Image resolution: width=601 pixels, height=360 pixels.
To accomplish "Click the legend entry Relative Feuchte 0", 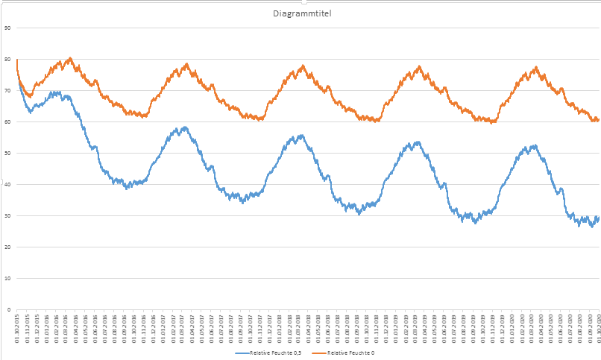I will tap(350, 353).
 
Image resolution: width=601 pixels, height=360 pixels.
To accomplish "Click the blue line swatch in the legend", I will tap(242, 353).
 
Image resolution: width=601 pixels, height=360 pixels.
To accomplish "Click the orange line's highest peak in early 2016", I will tap(69, 58).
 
